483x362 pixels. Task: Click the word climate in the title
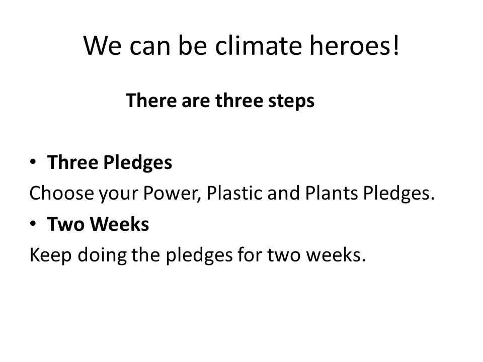tap(258, 45)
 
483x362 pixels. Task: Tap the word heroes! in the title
tap(354, 45)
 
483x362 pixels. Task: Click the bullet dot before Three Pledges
tap(33, 161)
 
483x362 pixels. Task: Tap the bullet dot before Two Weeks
tap(33, 223)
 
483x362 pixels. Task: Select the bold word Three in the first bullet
tap(72, 162)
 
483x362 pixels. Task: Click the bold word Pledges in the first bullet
tap(138, 163)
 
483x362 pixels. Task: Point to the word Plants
tap(332, 193)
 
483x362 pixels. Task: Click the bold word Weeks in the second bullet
tap(120, 224)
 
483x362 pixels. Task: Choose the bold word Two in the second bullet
tap(65, 224)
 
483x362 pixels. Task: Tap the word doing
tap(102, 256)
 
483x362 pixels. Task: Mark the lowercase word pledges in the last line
tap(199, 256)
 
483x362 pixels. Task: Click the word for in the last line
tap(250, 254)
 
